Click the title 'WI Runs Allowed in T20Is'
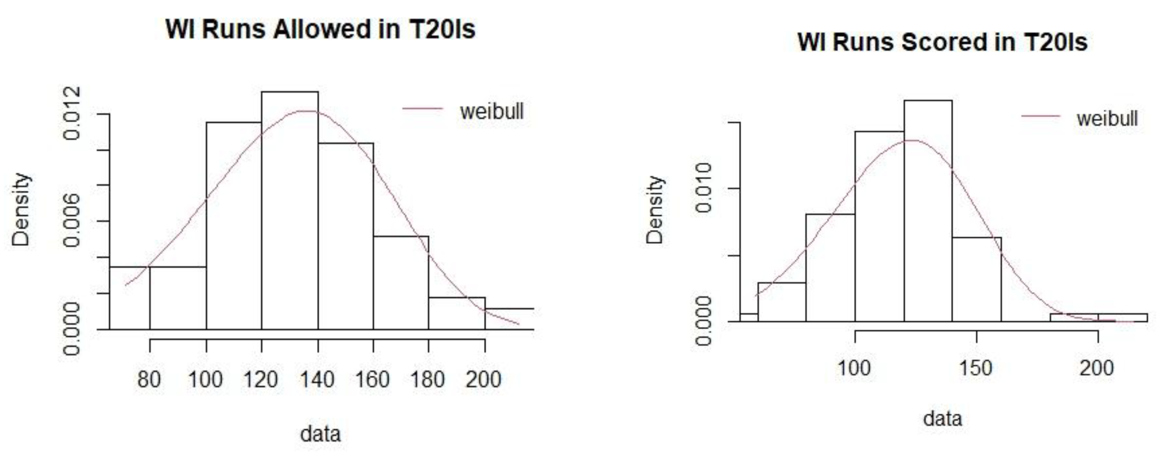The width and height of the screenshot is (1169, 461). [320, 30]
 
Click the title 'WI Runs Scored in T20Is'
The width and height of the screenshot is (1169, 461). [942, 42]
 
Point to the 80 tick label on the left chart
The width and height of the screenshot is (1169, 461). [149, 379]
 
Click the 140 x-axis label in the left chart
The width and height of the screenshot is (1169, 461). [317, 379]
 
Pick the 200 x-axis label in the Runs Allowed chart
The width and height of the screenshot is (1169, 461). [483, 379]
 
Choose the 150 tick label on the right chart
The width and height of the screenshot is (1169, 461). [976, 368]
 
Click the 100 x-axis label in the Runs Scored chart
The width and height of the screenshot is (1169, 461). [854, 368]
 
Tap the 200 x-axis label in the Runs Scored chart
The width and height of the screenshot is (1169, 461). [1097, 368]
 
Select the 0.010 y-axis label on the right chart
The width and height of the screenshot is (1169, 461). [704, 188]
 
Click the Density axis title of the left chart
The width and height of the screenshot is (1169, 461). [21, 210]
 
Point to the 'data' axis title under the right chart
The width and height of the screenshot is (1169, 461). [942, 418]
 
